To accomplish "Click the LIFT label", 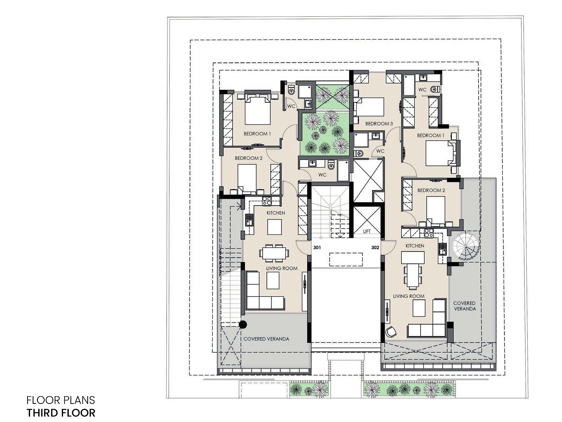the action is point(367,231).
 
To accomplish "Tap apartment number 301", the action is point(317,247).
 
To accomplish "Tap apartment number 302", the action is point(375,247).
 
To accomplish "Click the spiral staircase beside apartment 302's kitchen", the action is point(465,246).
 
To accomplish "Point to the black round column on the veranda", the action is point(243,325).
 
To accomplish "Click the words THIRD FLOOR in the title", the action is point(61,413).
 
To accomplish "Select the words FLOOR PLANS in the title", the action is point(61,400).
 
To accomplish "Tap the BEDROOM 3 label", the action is point(379,123).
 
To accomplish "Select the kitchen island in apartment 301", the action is point(275,227).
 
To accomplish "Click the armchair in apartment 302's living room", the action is point(391,332).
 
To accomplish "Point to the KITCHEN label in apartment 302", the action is point(415,246).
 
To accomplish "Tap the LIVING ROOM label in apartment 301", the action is point(282,268).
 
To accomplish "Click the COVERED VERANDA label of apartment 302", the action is point(464,306).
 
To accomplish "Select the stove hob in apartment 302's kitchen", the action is point(429,233).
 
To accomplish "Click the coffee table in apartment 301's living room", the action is point(273,280).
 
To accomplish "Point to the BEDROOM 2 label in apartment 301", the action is point(249,158).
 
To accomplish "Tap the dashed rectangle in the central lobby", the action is point(346,259).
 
